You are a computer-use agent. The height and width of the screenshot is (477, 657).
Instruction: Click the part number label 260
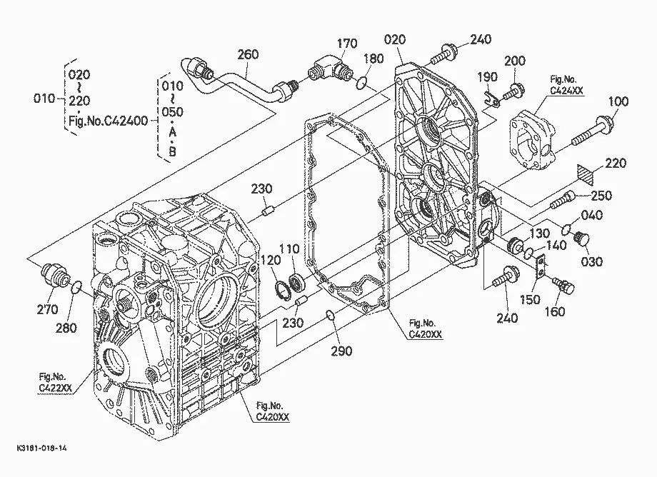(248, 54)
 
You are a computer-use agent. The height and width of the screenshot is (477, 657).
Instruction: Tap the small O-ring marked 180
(362, 84)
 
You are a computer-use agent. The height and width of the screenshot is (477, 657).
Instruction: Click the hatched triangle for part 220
(586, 174)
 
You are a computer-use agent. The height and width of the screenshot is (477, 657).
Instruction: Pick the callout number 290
(341, 351)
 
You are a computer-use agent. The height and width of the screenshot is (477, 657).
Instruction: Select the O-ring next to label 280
(76, 288)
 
